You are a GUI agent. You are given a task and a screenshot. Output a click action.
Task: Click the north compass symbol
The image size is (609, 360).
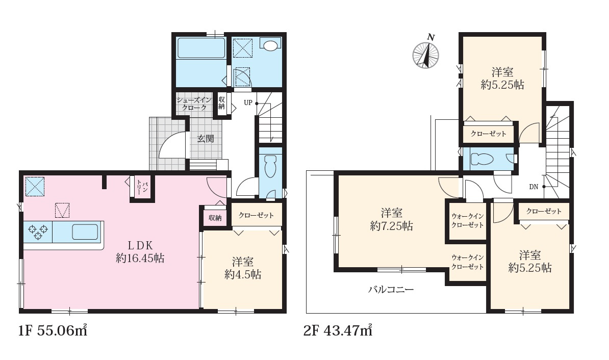[426, 54]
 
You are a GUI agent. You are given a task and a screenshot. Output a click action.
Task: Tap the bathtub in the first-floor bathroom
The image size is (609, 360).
[201, 48]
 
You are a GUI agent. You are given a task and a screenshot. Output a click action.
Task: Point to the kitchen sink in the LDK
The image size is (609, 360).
[85, 232]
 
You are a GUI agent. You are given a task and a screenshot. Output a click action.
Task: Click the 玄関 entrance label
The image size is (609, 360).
[206, 138]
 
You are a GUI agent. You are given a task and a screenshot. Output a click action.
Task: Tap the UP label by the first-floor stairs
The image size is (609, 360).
[248, 102]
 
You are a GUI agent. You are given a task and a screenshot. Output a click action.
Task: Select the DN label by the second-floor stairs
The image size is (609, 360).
[534, 187]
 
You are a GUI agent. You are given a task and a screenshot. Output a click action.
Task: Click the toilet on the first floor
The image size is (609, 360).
[270, 167]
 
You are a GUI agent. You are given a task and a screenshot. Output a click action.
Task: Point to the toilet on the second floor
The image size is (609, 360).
[481, 159]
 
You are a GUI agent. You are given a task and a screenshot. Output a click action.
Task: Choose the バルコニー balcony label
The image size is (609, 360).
[391, 289]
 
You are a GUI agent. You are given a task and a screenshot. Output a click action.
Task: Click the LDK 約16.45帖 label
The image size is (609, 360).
[140, 252]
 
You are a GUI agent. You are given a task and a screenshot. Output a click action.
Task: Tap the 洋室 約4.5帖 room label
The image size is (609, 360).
[243, 268]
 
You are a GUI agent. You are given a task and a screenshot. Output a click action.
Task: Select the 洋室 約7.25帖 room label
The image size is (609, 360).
[392, 219]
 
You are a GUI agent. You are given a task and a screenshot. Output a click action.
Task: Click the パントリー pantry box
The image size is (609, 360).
[142, 188]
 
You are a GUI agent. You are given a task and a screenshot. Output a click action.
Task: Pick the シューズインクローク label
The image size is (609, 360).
[194, 104]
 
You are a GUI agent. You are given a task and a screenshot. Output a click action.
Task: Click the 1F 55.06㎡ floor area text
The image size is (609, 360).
[53, 330]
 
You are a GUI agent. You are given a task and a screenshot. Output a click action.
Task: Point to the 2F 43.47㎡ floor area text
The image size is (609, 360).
[338, 330]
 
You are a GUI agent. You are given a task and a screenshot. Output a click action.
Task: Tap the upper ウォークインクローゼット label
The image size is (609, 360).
[468, 221]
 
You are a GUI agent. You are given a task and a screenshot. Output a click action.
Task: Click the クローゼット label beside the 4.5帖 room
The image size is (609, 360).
[257, 215]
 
